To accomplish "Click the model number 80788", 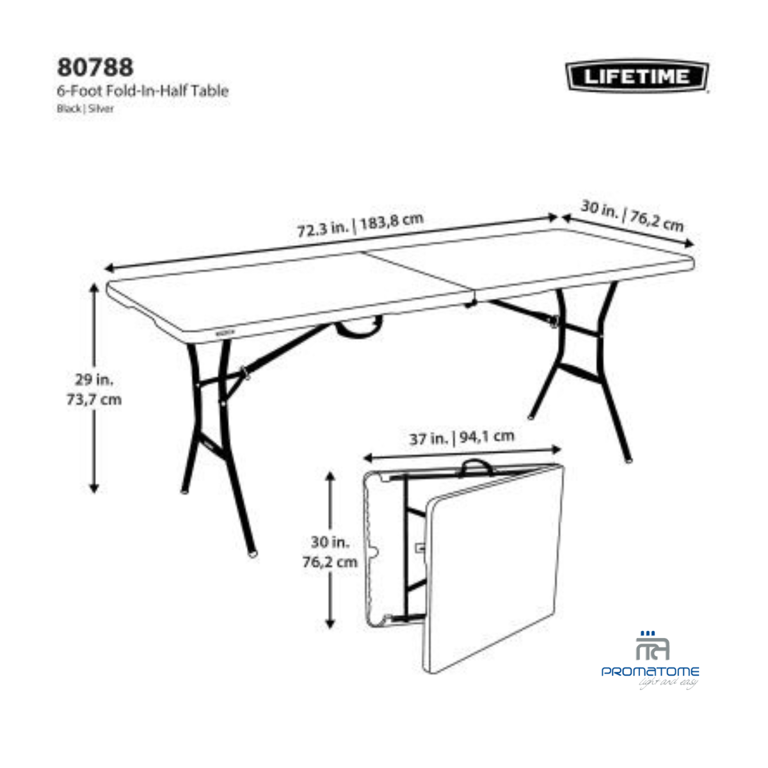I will point(95,67).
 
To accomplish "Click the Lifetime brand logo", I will point(637,77).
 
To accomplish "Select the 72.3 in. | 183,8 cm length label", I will point(360,225).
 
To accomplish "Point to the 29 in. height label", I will point(94,380).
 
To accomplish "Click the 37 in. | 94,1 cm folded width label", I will point(461,438).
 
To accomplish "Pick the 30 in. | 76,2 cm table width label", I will point(632,215).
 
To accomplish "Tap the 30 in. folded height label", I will point(330,542).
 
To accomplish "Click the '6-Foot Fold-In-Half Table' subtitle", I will point(142,91).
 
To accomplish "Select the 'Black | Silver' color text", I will point(85,109).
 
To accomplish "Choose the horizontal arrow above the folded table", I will point(461,453).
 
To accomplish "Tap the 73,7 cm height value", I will point(94,400).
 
